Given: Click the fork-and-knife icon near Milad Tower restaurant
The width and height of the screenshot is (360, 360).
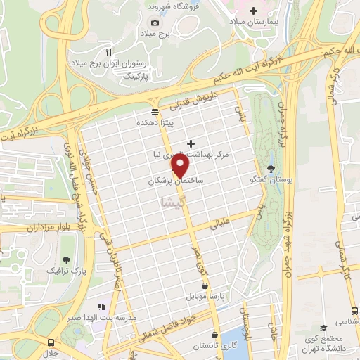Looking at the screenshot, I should (108, 51).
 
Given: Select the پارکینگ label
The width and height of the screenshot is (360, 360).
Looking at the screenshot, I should (137, 74).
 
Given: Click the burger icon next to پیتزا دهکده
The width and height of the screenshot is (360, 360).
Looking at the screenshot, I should (155, 112).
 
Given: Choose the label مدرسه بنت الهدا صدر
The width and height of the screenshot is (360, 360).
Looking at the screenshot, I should (101, 319).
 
